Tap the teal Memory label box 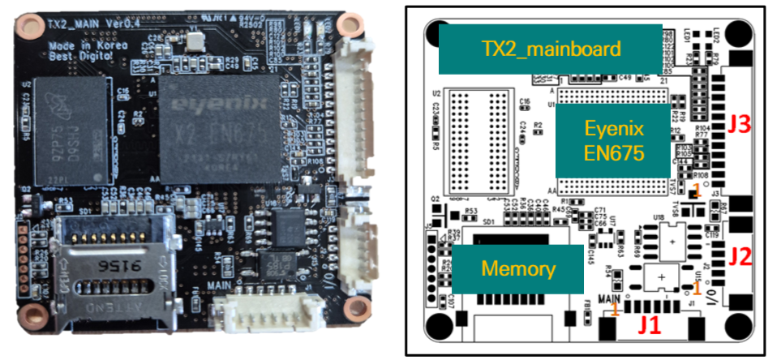click(x=517, y=268)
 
